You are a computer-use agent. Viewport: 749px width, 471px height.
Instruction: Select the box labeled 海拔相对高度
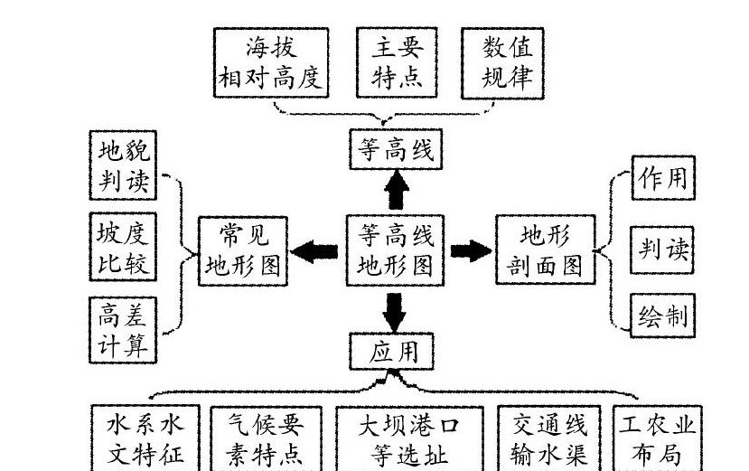coord(271,61)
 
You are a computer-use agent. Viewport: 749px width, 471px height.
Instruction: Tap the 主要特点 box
coord(397,61)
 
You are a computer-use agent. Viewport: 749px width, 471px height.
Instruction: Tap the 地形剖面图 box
coord(545,250)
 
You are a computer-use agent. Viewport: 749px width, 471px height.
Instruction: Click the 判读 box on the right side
coord(662,250)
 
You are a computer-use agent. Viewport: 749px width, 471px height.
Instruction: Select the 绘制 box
coord(662,316)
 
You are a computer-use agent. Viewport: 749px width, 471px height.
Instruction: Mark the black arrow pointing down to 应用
coord(395,310)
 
